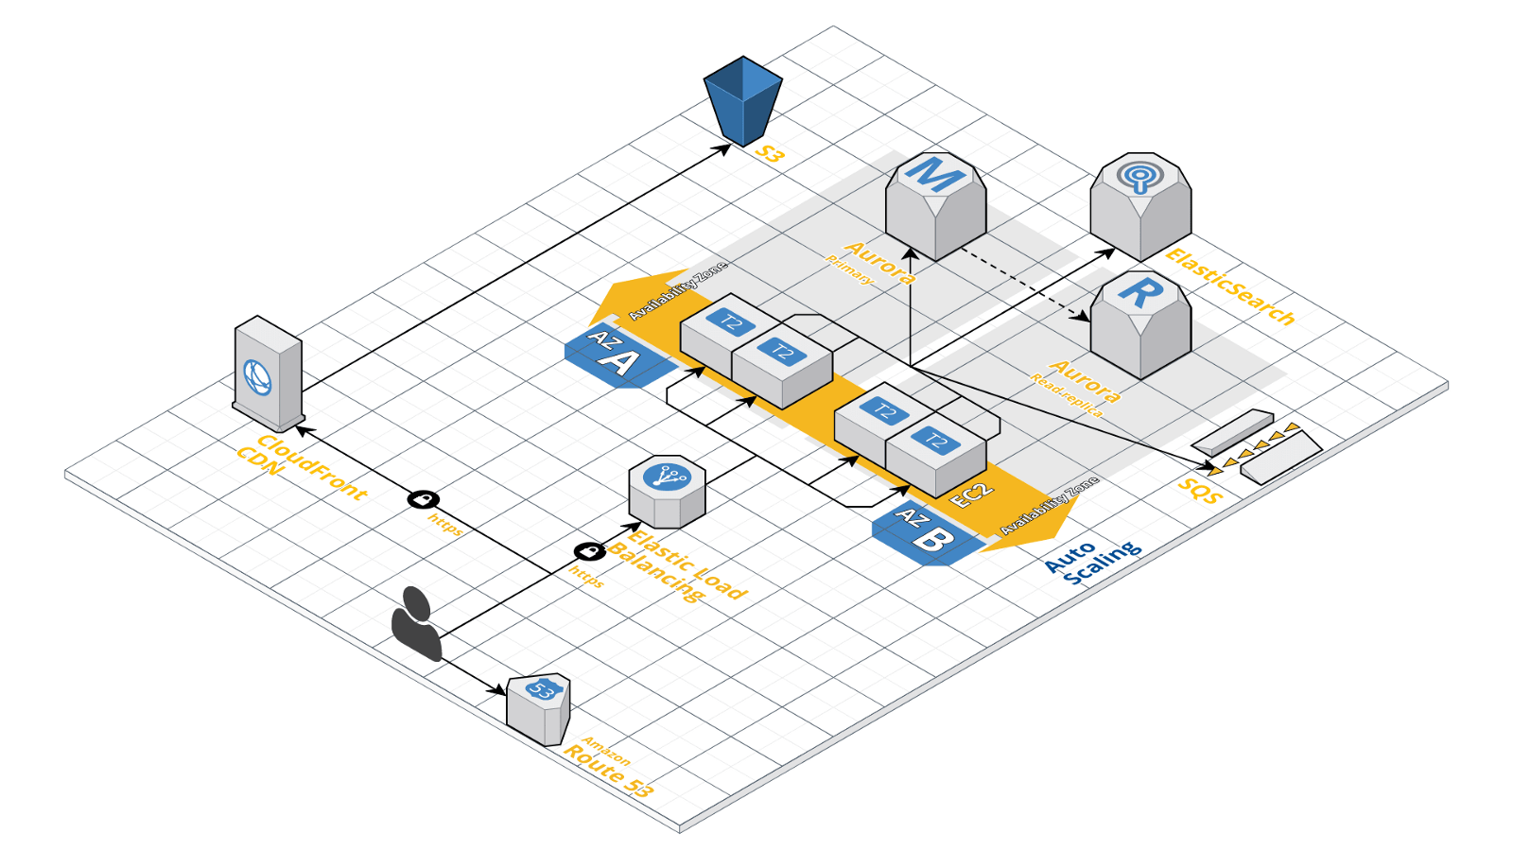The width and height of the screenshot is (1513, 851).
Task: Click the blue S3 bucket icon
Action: click(743, 100)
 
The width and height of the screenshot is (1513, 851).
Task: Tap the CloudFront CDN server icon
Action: click(268, 374)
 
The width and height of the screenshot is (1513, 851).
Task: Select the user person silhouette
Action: click(417, 623)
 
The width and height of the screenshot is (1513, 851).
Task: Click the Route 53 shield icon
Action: click(539, 708)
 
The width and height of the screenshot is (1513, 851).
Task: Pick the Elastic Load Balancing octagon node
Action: click(668, 491)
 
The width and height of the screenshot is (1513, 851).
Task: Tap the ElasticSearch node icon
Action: click(1140, 205)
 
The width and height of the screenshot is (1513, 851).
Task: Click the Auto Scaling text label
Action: click(1092, 562)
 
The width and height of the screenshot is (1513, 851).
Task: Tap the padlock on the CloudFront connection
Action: click(424, 499)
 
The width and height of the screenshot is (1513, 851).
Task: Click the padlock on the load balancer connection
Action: click(589, 550)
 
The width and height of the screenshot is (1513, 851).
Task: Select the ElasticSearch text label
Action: click(1229, 287)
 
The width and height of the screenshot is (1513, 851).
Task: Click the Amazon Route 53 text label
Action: click(608, 767)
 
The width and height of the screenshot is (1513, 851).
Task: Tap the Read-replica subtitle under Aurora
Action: click(1066, 395)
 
